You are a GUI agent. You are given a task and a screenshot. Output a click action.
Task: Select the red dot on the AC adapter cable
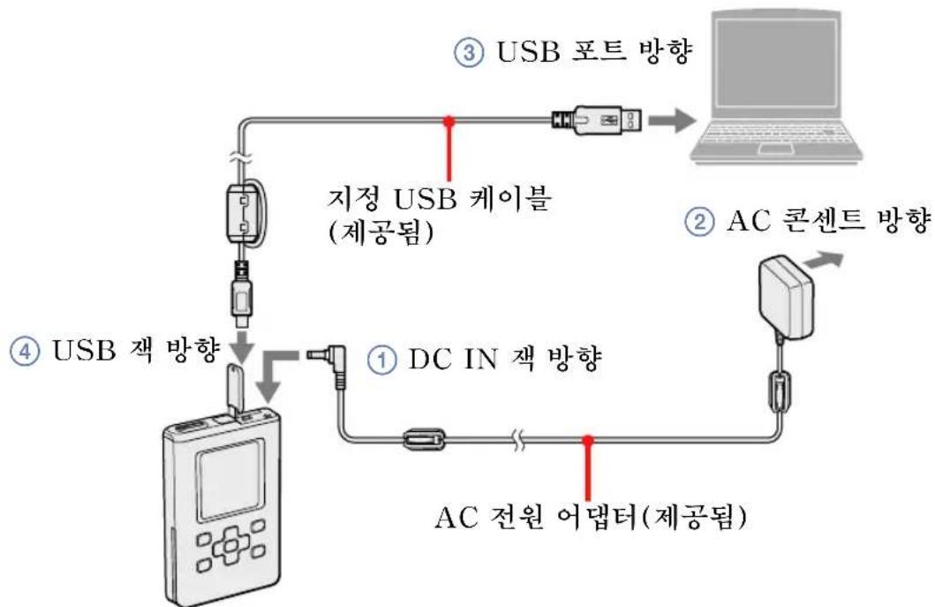(586, 439)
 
